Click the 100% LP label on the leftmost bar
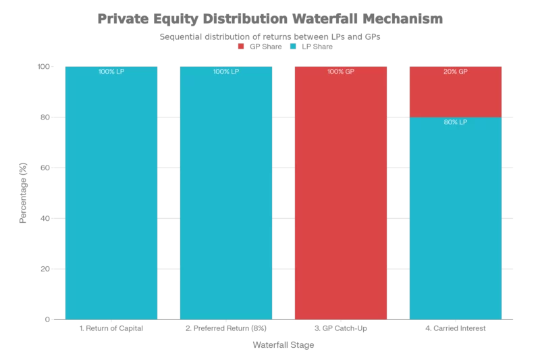click(111, 72)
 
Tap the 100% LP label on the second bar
click(225, 72)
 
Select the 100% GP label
click(340, 72)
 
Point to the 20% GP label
click(455, 72)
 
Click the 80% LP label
click(455, 122)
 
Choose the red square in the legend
click(242, 47)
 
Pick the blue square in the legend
click(292, 47)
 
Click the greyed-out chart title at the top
click(270, 19)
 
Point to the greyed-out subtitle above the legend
click(270, 38)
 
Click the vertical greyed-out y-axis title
click(23, 193)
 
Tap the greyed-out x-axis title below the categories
click(283, 345)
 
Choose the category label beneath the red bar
click(340, 330)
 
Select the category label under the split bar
click(454, 330)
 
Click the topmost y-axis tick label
click(43, 65)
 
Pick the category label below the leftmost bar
click(110, 330)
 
